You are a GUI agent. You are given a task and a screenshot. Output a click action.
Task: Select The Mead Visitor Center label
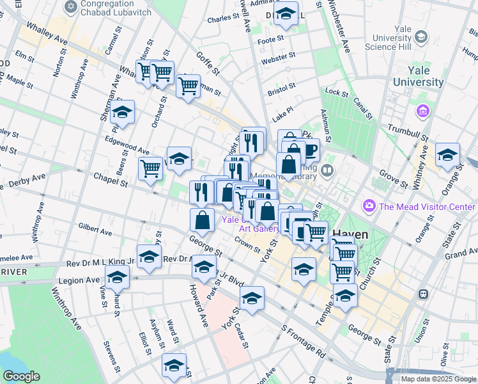point(426,206)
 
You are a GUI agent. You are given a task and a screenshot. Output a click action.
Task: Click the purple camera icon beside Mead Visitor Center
point(368,206)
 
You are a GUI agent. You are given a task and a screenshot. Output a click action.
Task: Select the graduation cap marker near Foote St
point(286,13)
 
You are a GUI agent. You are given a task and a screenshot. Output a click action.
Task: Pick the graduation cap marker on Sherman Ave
point(122,112)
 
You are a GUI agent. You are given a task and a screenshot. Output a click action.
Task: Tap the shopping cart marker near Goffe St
point(188,85)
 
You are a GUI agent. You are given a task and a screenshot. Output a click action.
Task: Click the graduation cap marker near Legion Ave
point(117,277)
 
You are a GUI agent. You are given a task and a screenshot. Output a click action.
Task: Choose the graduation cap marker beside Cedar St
point(252,298)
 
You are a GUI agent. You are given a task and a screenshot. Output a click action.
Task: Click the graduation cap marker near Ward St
point(174,365)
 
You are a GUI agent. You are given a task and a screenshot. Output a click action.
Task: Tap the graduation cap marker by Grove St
point(447,155)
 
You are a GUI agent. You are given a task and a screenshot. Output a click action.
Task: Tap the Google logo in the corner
point(22,376)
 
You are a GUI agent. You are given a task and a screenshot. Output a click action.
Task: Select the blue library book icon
point(327,170)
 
